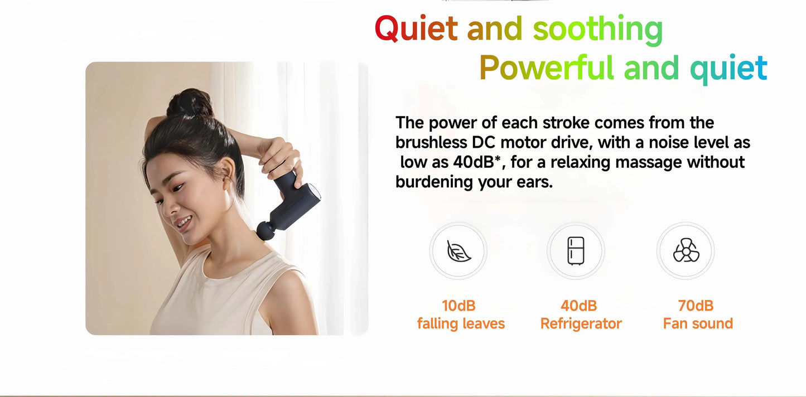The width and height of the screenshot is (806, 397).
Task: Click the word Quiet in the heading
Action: click(x=416, y=29)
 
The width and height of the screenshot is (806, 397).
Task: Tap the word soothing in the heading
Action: click(x=597, y=29)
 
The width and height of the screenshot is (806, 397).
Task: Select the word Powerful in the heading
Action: click(x=546, y=68)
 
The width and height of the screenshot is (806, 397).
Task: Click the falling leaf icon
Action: click(x=458, y=251)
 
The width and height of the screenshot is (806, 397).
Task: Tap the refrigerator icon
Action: click(x=576, y=251)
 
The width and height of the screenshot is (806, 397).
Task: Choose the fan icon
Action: click(x=686, y=251)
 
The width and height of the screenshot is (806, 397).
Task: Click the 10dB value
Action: click(x=458, y=306)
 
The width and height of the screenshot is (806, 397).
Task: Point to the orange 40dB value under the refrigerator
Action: click(x=578, y=306)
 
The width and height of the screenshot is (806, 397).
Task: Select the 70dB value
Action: click(x=696, y=306)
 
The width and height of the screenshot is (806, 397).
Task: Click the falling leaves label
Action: click(x=461, y=323)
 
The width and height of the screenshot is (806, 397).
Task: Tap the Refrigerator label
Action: click(x=581, y=323)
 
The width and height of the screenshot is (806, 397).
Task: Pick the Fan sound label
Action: click(x=698, y=323)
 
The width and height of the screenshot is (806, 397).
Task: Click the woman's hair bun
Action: click(x=190, y=103)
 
